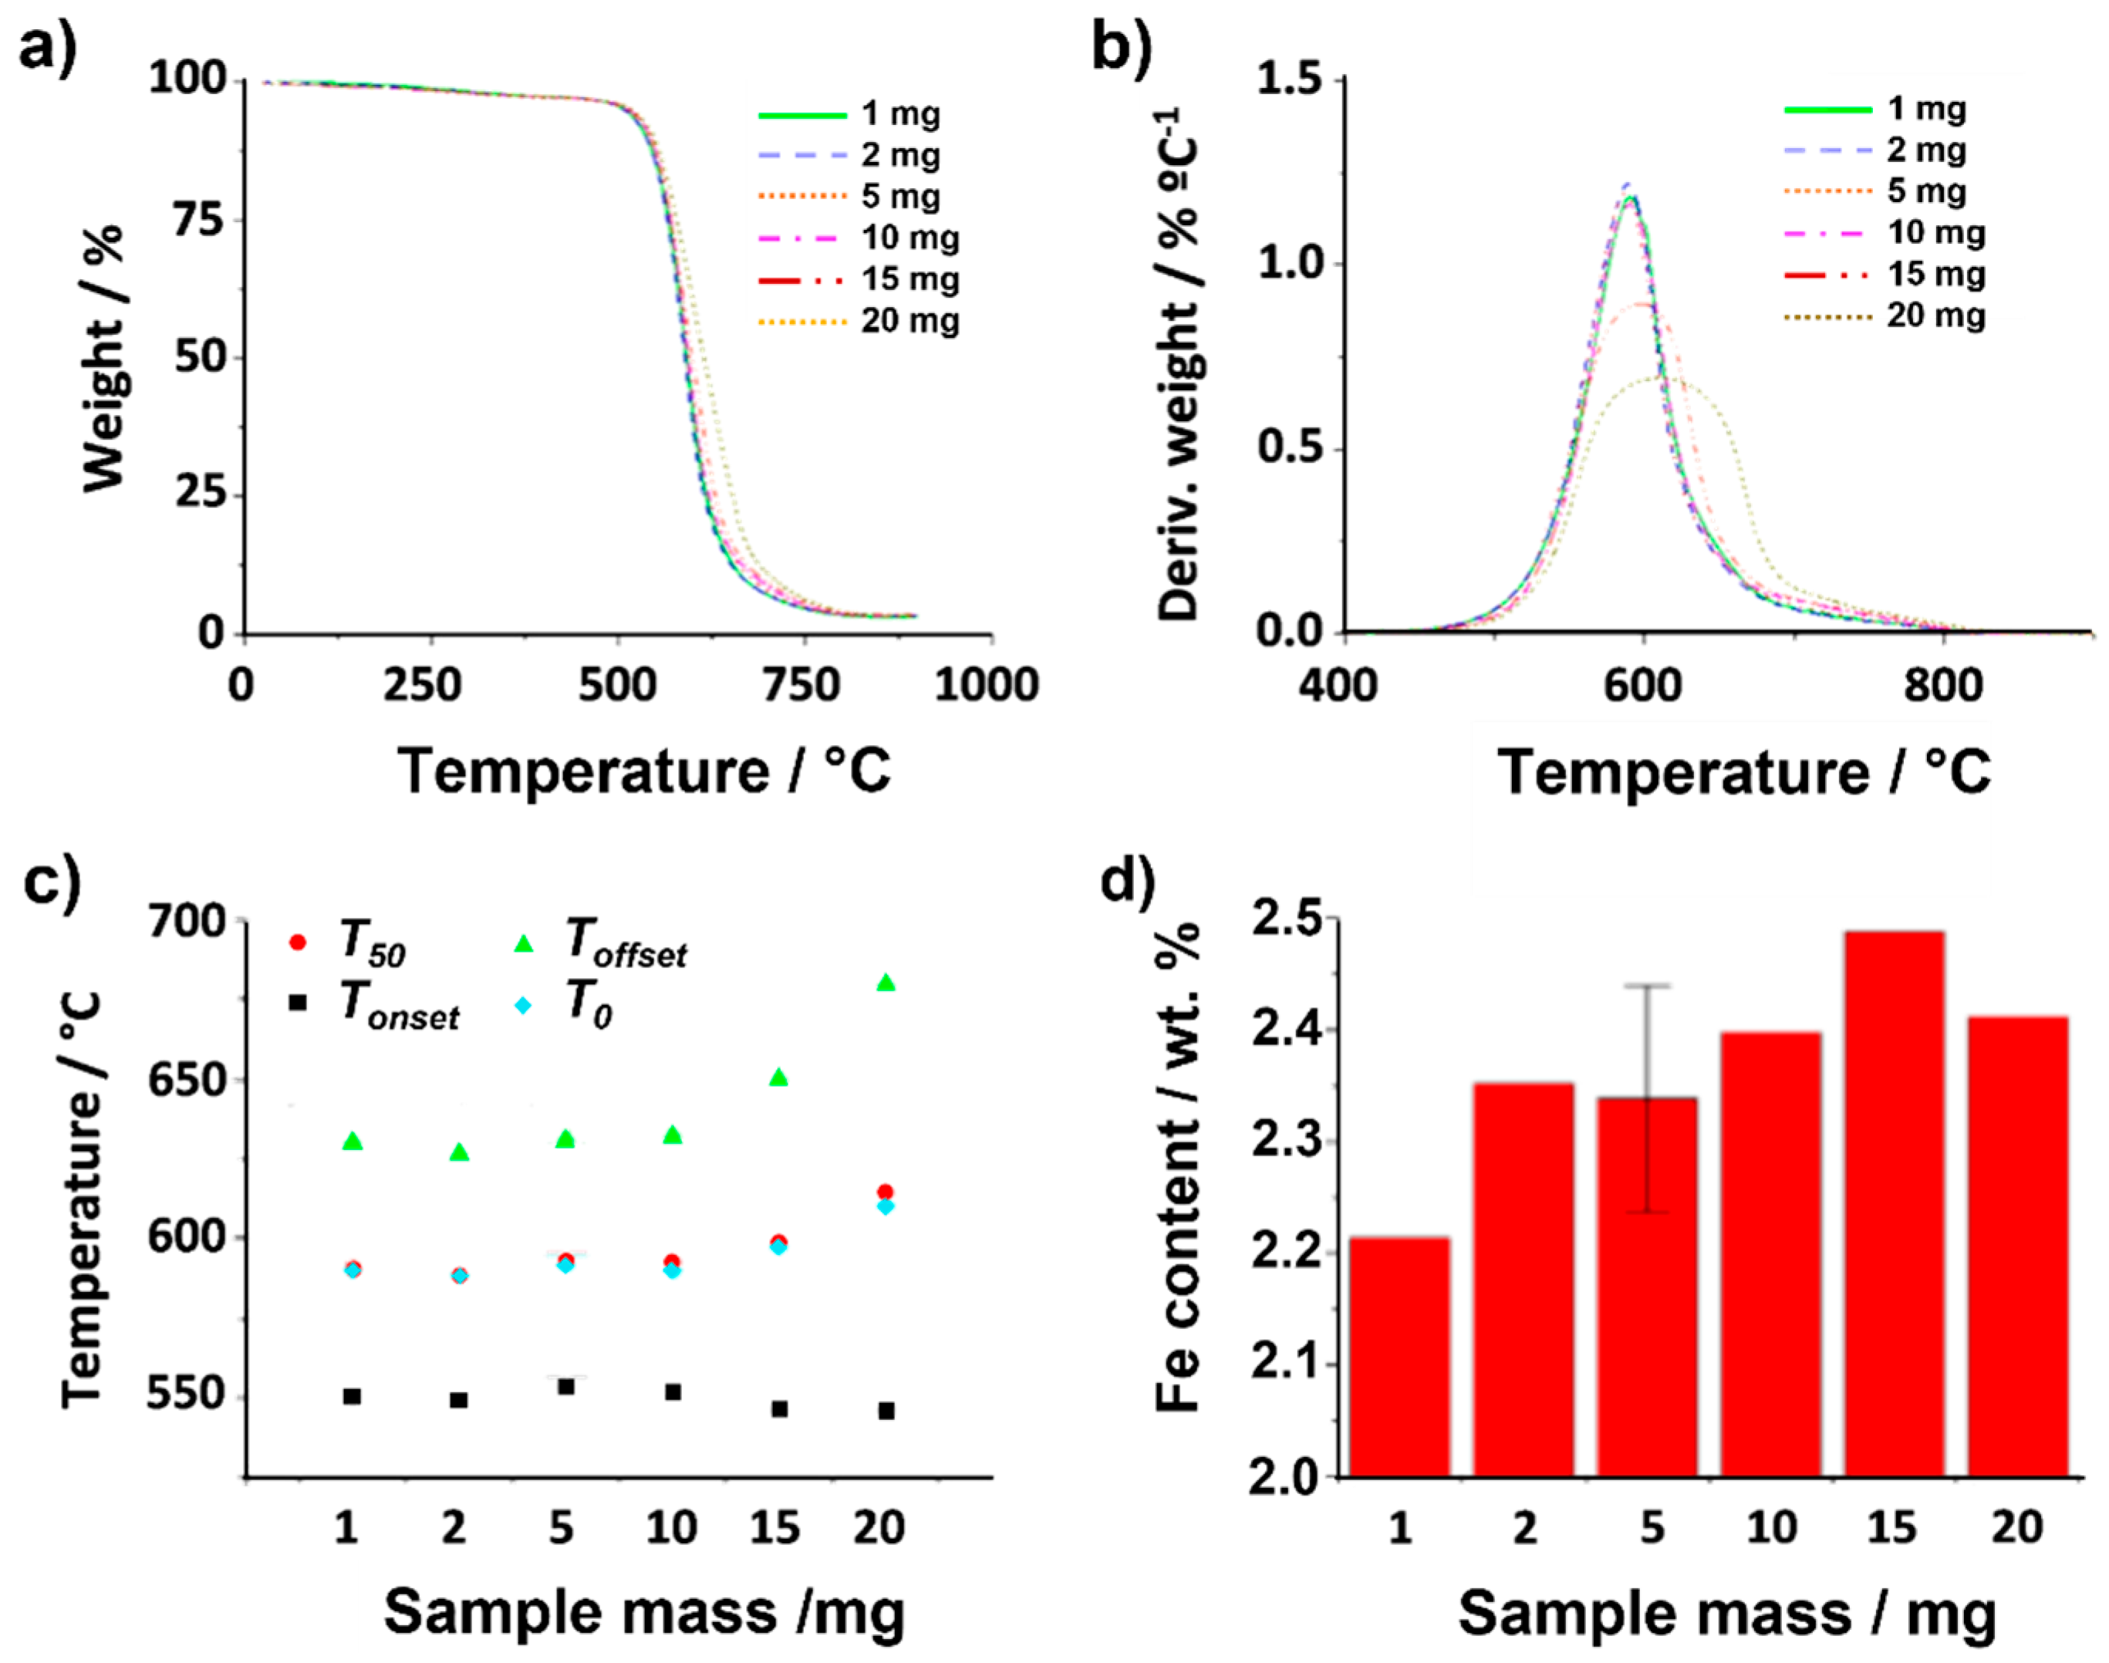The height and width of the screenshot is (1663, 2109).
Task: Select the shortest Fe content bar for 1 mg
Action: [1399, 1358]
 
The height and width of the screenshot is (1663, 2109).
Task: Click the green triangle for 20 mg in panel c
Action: [885, 983]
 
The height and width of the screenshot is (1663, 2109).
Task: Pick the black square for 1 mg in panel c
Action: [353, 1396]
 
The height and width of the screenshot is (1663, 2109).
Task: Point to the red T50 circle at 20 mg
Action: [885, 1192]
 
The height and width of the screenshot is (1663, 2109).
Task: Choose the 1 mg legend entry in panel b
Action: [1874, 109]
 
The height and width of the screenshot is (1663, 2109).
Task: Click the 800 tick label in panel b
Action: [1942, 686]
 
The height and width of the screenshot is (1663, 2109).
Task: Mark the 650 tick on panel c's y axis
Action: [186, 1079]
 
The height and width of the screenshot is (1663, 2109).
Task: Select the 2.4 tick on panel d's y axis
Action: [1284, 1031]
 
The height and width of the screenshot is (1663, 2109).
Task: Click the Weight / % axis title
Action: [103, 357]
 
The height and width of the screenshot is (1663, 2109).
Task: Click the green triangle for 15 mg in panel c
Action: [778, 1077]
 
